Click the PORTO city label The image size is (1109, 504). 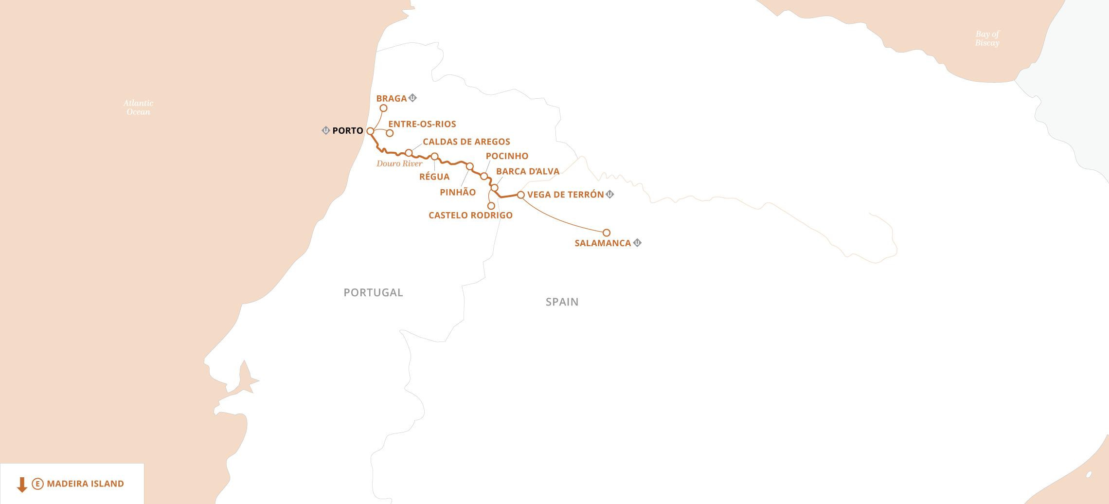348,131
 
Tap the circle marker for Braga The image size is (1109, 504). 383,108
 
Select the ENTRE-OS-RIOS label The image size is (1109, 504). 422,124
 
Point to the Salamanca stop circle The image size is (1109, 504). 607,233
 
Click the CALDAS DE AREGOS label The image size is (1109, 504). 466,142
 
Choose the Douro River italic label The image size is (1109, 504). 399,164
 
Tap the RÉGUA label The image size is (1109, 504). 434,177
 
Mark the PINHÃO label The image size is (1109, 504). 458,192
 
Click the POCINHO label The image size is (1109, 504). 507,156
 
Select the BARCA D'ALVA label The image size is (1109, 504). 528,171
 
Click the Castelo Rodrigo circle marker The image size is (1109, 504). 491,206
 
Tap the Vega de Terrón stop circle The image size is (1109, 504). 520,195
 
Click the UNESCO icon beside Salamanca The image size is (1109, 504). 637,242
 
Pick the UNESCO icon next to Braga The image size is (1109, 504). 413,98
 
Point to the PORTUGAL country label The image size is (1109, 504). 373,292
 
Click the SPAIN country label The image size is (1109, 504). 562,302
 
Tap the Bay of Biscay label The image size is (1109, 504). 987,38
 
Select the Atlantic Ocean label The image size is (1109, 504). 138,108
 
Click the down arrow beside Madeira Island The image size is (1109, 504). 21,484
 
